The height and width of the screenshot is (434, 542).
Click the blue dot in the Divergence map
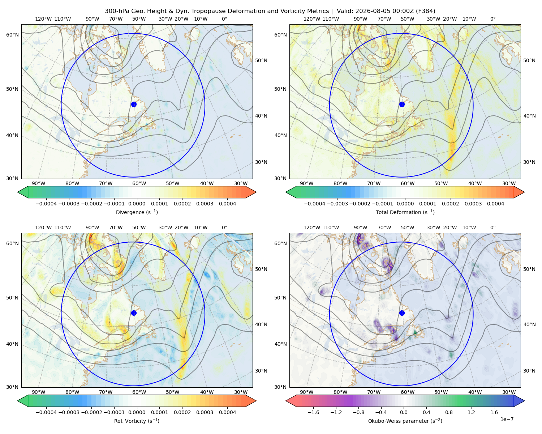[134, 104]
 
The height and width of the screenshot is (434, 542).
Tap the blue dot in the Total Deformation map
[402, 104]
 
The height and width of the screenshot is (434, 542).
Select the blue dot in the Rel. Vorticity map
[134, 313]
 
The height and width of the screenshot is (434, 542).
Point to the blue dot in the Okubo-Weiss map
[402, 313]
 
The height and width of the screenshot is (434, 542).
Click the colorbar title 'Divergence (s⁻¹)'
[137, 212]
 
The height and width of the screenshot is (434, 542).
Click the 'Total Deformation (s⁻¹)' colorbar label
[405, 212]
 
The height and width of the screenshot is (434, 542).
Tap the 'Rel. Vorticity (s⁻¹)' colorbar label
[137, 421]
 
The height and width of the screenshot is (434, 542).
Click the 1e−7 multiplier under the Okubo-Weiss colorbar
[507, 419]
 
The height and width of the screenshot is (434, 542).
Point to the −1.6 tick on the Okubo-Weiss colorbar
[313, 412]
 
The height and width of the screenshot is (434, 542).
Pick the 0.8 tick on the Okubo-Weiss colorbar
[449, 412]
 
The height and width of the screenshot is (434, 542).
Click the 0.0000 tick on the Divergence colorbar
[137, 204]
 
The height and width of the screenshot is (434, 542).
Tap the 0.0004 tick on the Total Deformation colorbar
[495, 204]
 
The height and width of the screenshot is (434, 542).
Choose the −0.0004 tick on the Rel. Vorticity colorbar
[46, 412]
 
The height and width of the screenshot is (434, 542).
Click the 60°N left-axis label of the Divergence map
[12, 35]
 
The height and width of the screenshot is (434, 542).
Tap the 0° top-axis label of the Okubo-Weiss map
[492, 227]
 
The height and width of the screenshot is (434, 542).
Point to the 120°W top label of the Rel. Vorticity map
[43, 227]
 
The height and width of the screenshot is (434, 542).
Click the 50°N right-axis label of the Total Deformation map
[529, 60]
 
